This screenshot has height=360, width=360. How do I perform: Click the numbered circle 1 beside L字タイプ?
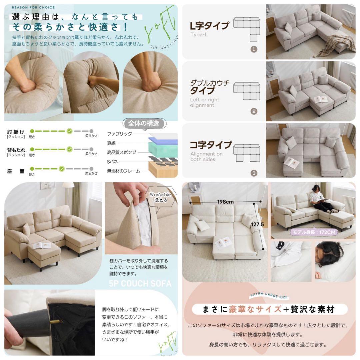254,49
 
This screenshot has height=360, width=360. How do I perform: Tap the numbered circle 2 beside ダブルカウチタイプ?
254,111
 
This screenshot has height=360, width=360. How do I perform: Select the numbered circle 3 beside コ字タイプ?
254,173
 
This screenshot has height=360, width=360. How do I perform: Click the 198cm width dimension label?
225,202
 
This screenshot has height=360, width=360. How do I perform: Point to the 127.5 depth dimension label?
258,224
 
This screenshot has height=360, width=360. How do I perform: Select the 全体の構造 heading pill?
144,124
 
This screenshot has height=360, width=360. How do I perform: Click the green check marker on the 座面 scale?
61,169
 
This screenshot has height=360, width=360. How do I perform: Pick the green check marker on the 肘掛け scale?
69,131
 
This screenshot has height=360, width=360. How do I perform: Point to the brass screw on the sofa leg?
57,322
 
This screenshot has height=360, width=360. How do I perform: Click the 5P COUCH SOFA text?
140,284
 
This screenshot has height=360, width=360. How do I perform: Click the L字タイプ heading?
210,26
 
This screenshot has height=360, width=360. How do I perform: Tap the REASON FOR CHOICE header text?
29,7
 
